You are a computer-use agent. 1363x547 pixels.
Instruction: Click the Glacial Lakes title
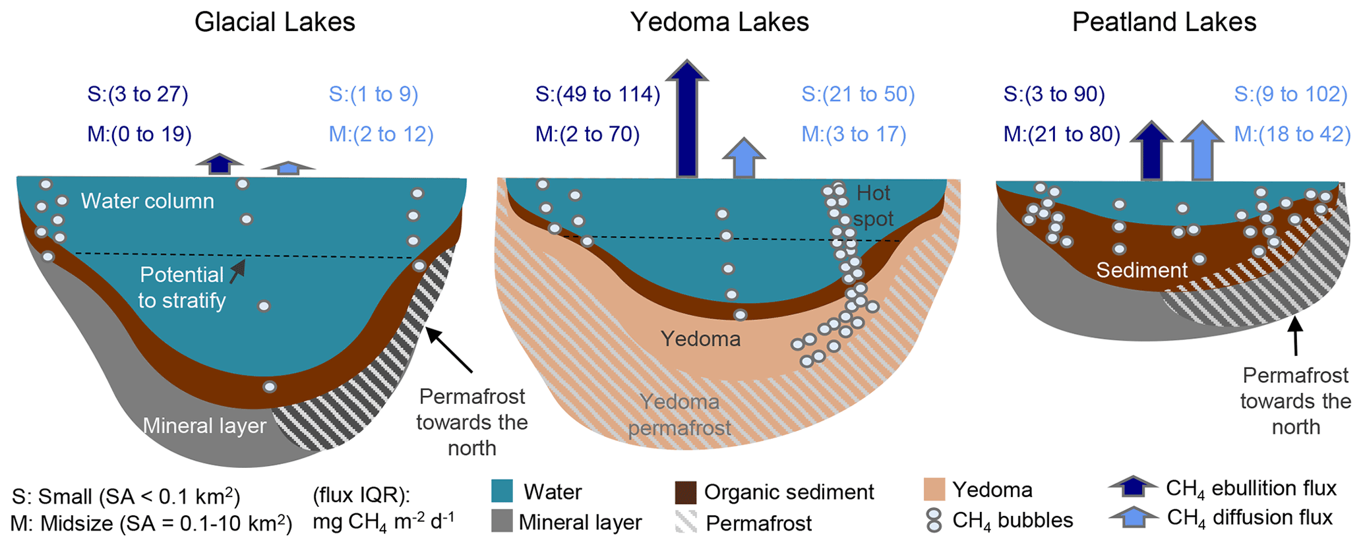(274, 22)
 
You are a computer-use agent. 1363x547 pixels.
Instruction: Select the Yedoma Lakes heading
(719, 22)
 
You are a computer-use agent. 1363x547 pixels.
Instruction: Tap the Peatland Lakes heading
(1164, 22)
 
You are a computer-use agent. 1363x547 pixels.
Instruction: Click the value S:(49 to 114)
(597, 94)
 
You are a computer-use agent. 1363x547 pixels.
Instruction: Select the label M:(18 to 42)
(1292, 134)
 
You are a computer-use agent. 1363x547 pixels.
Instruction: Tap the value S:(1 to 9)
(373, 94)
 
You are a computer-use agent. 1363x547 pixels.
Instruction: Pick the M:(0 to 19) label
(139, 134)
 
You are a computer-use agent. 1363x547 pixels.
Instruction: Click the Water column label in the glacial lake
(148, 201)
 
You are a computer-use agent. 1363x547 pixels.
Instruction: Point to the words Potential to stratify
(181, 287)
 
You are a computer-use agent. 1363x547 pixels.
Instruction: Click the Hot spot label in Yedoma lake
(873, 206)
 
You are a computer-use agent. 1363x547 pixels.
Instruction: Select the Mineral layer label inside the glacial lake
(204, 426)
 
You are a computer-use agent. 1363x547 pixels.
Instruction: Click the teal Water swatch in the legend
(502, 491)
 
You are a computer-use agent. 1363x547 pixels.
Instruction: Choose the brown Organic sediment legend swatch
(686, 492)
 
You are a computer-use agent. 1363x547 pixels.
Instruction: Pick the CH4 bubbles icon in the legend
(934, 521)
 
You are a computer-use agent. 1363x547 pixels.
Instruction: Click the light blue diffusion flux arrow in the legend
(1133, 517)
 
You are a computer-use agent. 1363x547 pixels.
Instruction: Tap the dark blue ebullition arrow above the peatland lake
(1151, 151)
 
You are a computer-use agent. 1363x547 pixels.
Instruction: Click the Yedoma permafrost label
(679, 415)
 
